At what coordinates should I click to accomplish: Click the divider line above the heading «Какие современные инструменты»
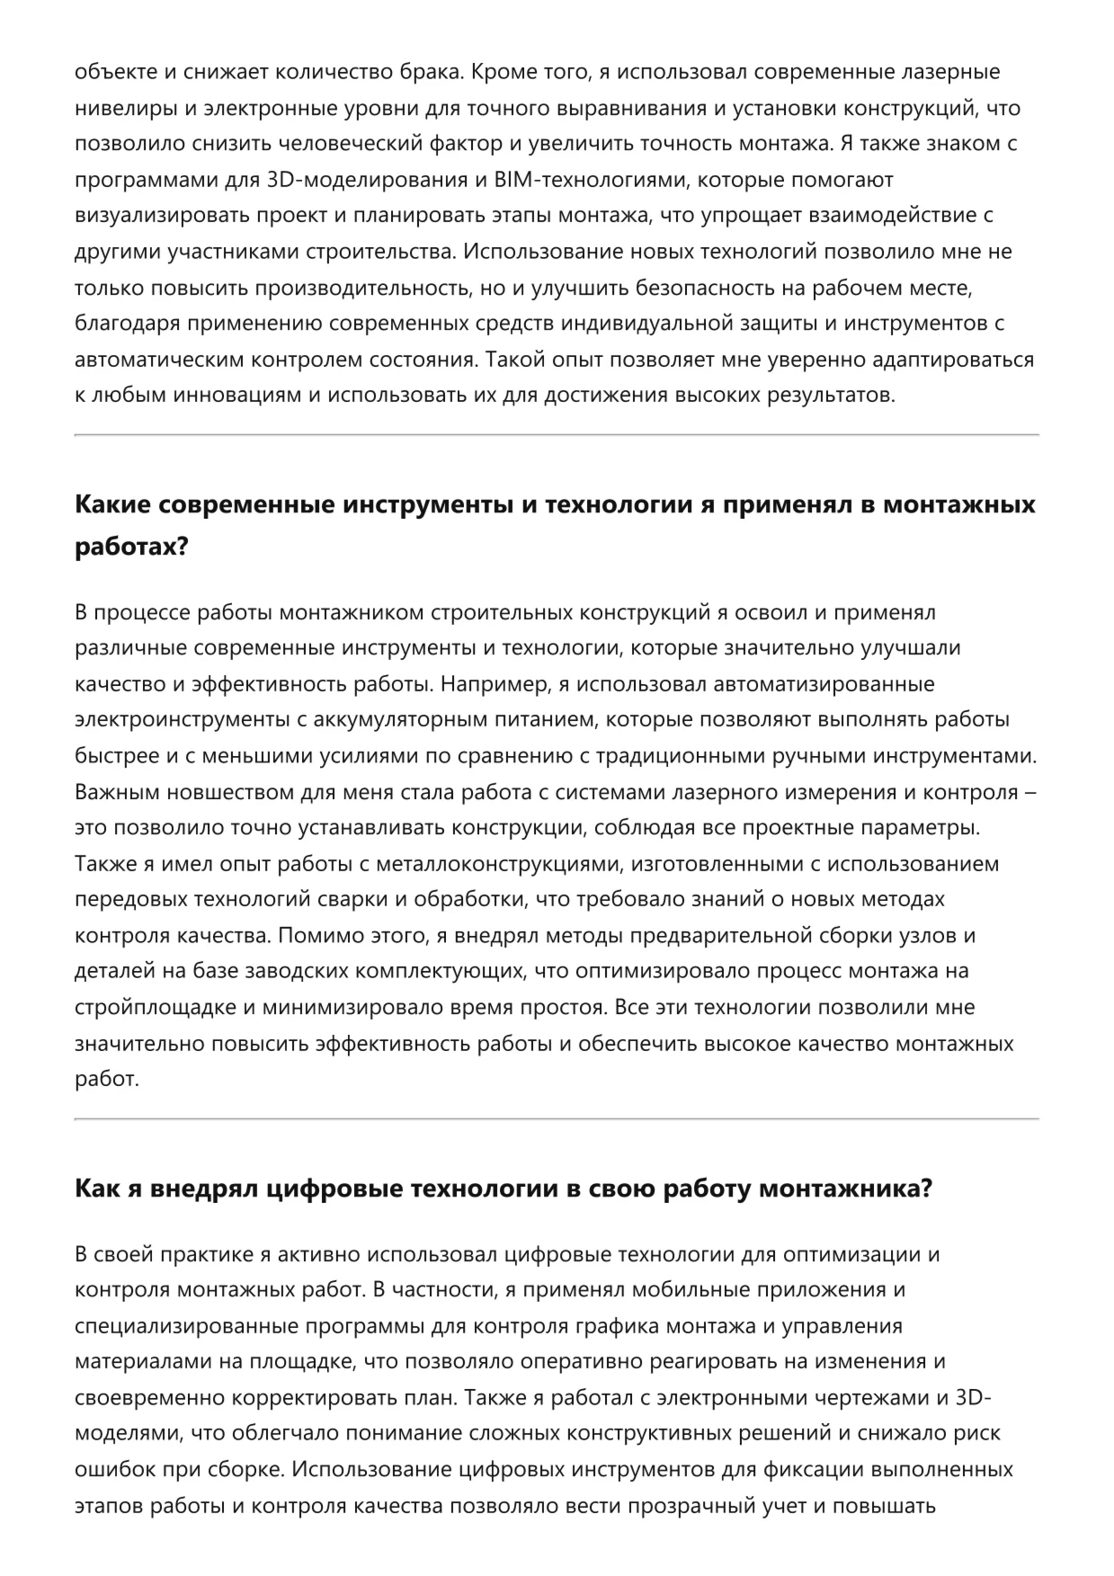(x=557, y=435)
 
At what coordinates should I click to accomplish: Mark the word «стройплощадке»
(x=156, y=1008)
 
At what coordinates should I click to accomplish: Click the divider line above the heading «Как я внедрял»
(x=557, y=1119)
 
